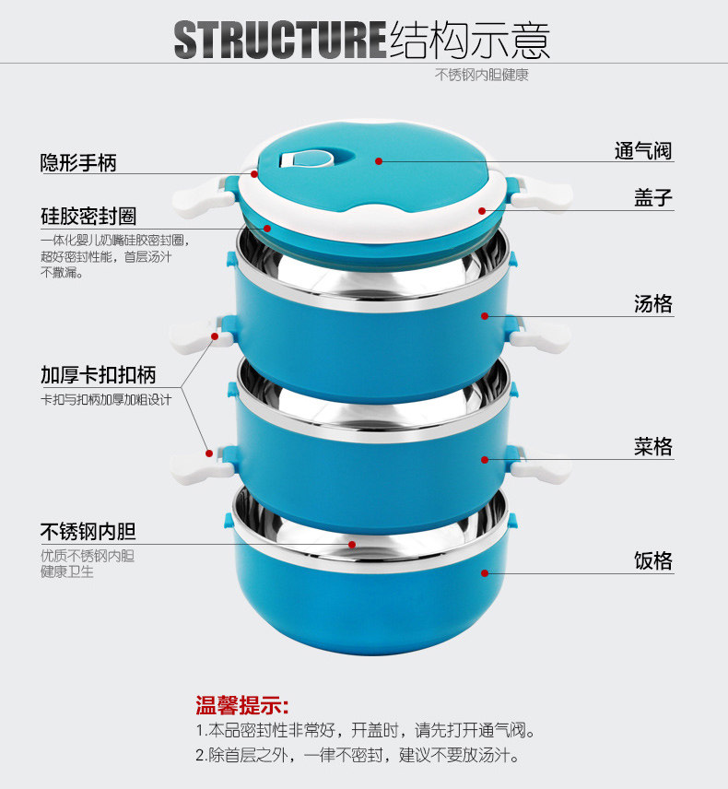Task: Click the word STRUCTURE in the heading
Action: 279,41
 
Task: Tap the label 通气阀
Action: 643,149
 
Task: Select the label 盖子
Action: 653,197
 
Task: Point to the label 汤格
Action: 653,304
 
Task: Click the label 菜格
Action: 653,447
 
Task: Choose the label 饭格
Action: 653,560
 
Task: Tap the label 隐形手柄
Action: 78,163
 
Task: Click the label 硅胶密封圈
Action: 88,217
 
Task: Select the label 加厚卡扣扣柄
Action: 98,375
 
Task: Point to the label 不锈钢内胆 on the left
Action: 88,532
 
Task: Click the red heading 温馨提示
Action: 241,706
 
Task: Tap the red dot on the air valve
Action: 378,160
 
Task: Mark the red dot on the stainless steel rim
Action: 351,544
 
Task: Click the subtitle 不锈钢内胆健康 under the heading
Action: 482,76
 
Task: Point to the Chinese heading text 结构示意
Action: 470,41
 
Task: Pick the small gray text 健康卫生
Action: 67,571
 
